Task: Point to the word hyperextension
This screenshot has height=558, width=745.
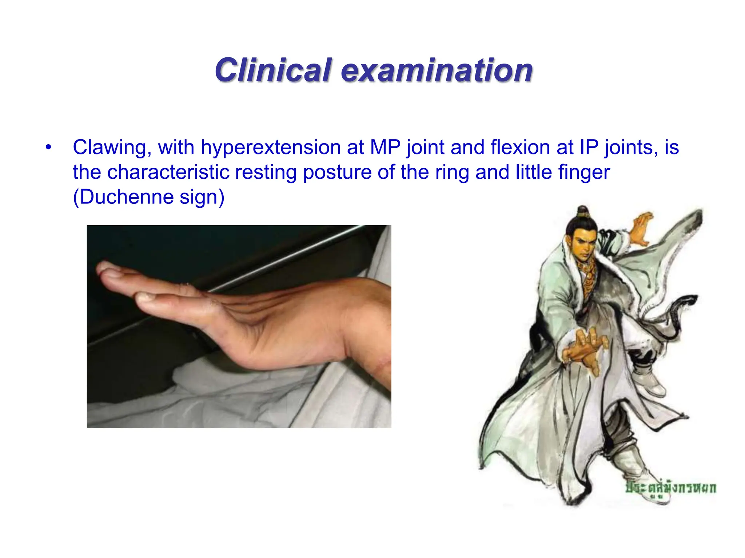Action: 271,148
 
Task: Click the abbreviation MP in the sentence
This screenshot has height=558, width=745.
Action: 385,147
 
